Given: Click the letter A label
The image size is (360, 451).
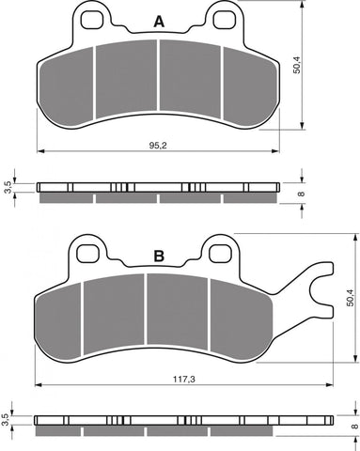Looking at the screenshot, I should [157, 22].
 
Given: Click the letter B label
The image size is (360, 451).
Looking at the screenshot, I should [159, 256].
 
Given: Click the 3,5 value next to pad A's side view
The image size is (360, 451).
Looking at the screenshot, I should [8, 186].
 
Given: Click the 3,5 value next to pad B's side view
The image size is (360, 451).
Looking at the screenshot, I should [8, 418].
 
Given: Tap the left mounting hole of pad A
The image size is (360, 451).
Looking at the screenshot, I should [92, 21].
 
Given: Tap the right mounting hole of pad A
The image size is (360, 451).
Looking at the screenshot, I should [224, 21].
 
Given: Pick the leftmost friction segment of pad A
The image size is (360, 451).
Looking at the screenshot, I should [69, 82].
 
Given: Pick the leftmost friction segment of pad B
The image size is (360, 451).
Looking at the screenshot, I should [59, 316].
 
